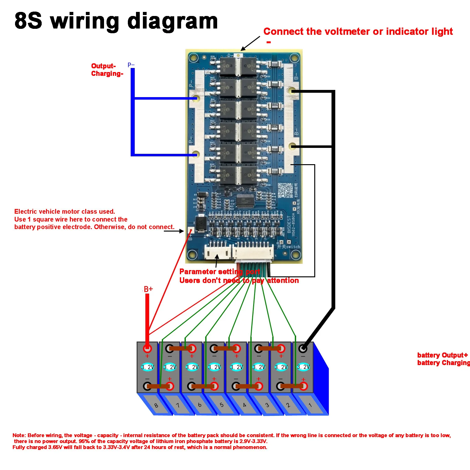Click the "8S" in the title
coord(28,21)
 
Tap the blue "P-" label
coord(131,65)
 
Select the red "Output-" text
coord(103,66)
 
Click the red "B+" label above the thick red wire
coord(148,289)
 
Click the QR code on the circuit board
coord(285,190)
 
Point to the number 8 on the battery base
coord(156,405)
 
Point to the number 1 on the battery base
coord(310,405)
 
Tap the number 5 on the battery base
coord(222,405)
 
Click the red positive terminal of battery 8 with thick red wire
coord(147,348)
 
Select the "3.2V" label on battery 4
coord(237,367)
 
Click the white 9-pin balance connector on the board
coord(253,251)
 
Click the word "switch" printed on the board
coord(293,247)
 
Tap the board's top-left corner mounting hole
coord(193,58)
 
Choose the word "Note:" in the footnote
coord(19,435)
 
